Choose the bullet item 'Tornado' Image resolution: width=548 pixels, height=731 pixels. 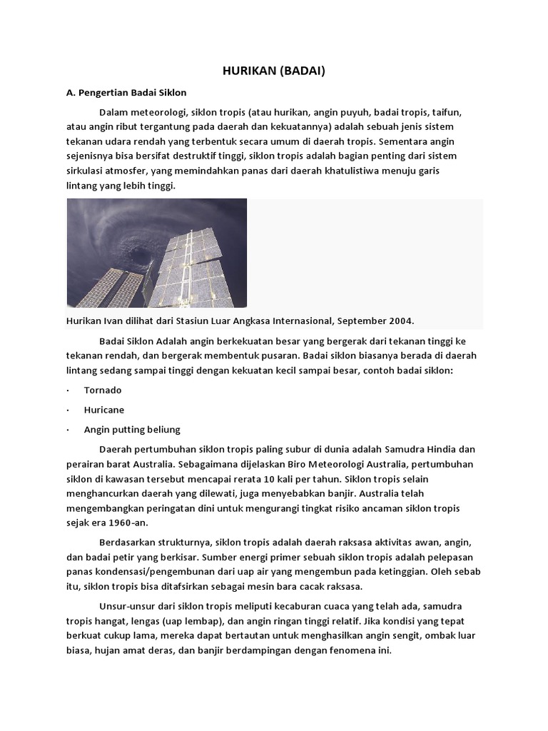103,390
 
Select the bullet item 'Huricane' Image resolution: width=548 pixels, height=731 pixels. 104,410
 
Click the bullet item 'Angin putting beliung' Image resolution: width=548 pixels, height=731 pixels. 132,429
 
